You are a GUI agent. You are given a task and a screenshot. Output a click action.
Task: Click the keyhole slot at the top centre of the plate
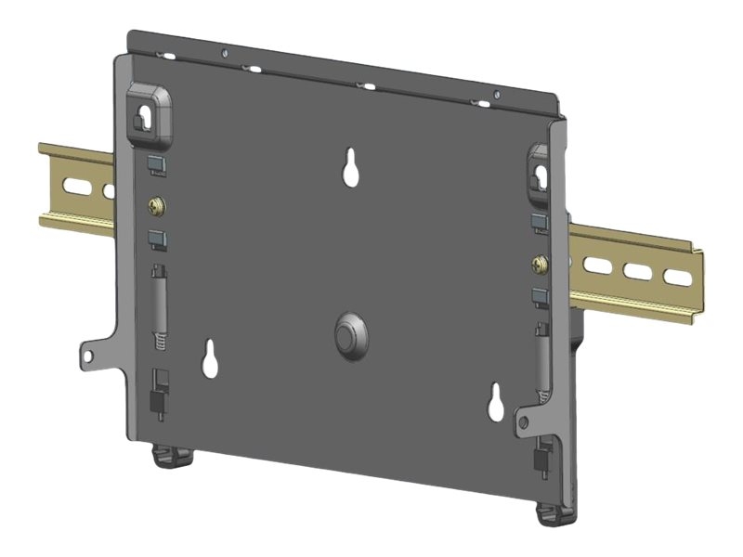coord(352,167)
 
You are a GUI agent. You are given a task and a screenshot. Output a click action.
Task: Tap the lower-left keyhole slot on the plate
coord(210,359)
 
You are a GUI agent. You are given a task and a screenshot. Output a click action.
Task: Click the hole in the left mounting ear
coord(90,354)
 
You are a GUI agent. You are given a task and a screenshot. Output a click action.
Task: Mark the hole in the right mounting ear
coord(525,422)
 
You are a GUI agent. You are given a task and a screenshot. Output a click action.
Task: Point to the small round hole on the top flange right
coord(496,93)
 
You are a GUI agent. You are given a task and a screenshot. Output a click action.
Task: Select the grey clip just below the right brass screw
coord(540,297)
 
